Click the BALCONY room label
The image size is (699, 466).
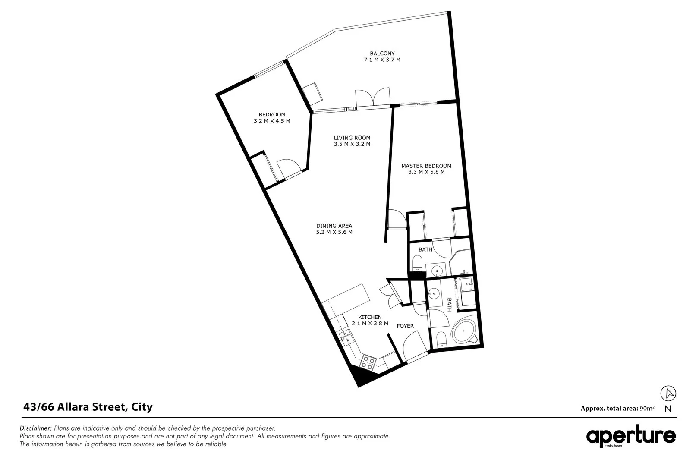(382, 54)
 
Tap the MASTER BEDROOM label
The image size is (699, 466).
(426, 166)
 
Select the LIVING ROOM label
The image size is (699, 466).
(352, 138)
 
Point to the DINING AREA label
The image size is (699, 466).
(334, 226)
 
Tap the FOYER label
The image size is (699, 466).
(405, 326)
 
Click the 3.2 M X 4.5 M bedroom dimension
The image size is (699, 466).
(272, 121)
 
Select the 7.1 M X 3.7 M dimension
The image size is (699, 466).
(382, 60)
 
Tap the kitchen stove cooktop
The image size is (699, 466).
(368, 362)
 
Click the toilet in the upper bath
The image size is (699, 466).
(417, 263)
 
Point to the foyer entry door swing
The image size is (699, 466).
(412, 347)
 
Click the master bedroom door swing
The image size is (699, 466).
(396, 219)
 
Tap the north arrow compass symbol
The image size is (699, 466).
(668, 394)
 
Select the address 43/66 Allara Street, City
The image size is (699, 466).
(88, 406)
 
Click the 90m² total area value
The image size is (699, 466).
(647, 408)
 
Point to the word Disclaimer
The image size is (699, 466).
(36, 428)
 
